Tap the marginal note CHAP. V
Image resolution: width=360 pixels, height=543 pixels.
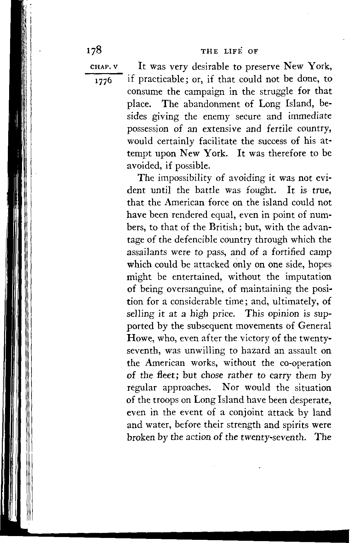tap(104, 66)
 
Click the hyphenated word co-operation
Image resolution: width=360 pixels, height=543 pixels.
tap(306, 363)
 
